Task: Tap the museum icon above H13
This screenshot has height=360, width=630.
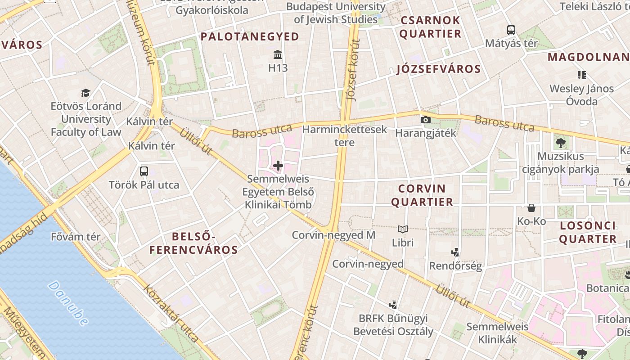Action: click(x=278, y=55)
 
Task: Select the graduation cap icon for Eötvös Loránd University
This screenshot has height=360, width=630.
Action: click(x=85, y=93)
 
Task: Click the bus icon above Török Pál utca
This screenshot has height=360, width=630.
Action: click(x=144, y=171)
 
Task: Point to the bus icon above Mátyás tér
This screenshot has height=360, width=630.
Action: click(x=511, y=30)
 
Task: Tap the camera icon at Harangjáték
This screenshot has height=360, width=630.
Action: click(x=425, y=120)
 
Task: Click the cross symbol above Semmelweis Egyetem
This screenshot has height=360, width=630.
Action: click(x=278, y=166)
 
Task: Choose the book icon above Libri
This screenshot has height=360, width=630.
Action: click(x=403, y=229)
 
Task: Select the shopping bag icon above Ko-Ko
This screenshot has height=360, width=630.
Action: click(x=531, y=208)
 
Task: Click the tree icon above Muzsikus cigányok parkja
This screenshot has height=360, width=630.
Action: click(x=560, y=143)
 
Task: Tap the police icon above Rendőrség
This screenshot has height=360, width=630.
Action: click(x=455, y=252)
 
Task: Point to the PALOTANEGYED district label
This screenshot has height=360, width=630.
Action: click(x=250, y=37)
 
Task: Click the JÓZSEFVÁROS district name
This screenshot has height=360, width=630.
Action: click(x=439, y=69)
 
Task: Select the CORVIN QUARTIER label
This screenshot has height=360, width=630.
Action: click(x=422, y=195)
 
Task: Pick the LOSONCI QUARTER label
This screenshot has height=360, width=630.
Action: click(x=588, y=232)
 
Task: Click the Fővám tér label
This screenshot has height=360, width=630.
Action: click(x=76, y=237)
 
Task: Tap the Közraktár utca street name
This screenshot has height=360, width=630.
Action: click(x=171, y=313)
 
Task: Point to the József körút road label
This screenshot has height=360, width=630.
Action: click(x=353, y=70)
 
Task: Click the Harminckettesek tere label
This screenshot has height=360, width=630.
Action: click(x=345, y=136)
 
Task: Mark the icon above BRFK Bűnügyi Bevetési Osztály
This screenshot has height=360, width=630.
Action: click(x=393, y=305)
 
